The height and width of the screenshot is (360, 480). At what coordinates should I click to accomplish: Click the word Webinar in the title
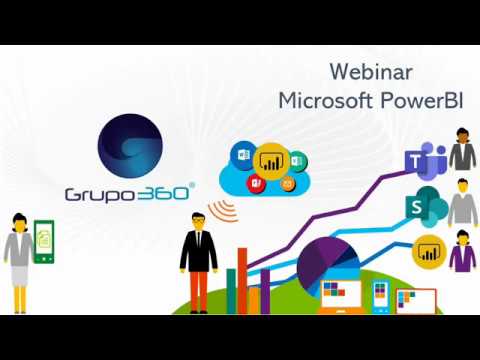pyautogui.click(x=371, y=72)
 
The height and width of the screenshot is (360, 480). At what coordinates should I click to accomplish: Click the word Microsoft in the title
pyautogui.click(x=325, y=100)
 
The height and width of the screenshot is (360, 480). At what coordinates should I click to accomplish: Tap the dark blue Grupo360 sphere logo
pyautogui.click(x=130, y=146)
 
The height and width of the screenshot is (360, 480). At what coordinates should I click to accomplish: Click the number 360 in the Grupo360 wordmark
pyautogui.click(x=163, y=193)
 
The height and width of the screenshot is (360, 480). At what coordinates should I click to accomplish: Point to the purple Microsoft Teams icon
pyautogui.click(x=426, y=161)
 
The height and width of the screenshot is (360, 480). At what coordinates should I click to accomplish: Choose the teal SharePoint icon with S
pyautogui.click(x=426, y=207)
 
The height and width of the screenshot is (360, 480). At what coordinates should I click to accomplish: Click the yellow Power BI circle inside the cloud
pyautogui.click(x=271, y=161)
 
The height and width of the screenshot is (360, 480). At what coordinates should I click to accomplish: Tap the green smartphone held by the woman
pyautogui.click(x=44, y=242)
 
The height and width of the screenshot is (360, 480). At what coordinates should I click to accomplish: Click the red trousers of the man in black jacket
pyautogui.click(x=199, y=291)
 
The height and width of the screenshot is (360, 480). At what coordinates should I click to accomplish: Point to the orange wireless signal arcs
pyautogui.click(x=224, y=210)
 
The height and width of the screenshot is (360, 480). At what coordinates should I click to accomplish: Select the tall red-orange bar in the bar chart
pyautogui.click(x=242, y=281)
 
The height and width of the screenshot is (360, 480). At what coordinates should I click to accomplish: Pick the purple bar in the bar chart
pyautogui.click(x=265, y=291)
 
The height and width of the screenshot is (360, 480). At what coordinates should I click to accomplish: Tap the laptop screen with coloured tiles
pyautogui.click(x=341, y=294)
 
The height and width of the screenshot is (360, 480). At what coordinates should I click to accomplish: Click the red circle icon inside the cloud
pyautogui.click(x=256, y=183)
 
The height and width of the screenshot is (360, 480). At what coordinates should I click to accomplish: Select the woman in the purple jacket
pyautogui.click(x=463, y=251)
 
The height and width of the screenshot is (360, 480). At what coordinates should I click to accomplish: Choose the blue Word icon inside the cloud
pyautogui.click(x=244, y=155)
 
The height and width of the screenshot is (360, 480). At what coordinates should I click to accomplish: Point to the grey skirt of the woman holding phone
pyautogui.click(x=20, y=276)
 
